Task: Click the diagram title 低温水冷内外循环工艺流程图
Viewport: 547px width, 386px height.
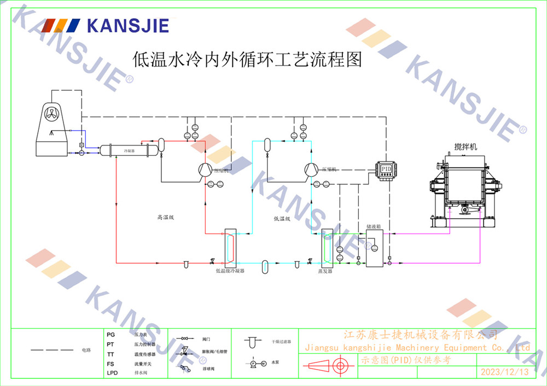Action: pos(248,59)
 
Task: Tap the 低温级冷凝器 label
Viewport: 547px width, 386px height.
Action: pos(230,271)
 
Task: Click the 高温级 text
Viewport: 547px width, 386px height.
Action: pos(165,218)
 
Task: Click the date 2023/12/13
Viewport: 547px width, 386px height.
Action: pos(504,372)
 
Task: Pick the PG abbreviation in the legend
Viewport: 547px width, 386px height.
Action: pos(111,334)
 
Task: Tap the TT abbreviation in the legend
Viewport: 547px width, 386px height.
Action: pos(111,354)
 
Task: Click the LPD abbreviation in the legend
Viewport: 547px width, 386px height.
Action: pos(112,373)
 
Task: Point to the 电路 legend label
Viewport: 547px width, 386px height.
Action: pos(86,349)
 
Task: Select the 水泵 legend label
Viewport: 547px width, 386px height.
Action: pos(275,363)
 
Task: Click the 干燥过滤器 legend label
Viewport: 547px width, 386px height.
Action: pos(281,341)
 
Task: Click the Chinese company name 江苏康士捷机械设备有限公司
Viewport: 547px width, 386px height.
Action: pos(420,334)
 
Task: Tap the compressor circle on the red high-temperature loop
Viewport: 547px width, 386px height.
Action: pos(204,169)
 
